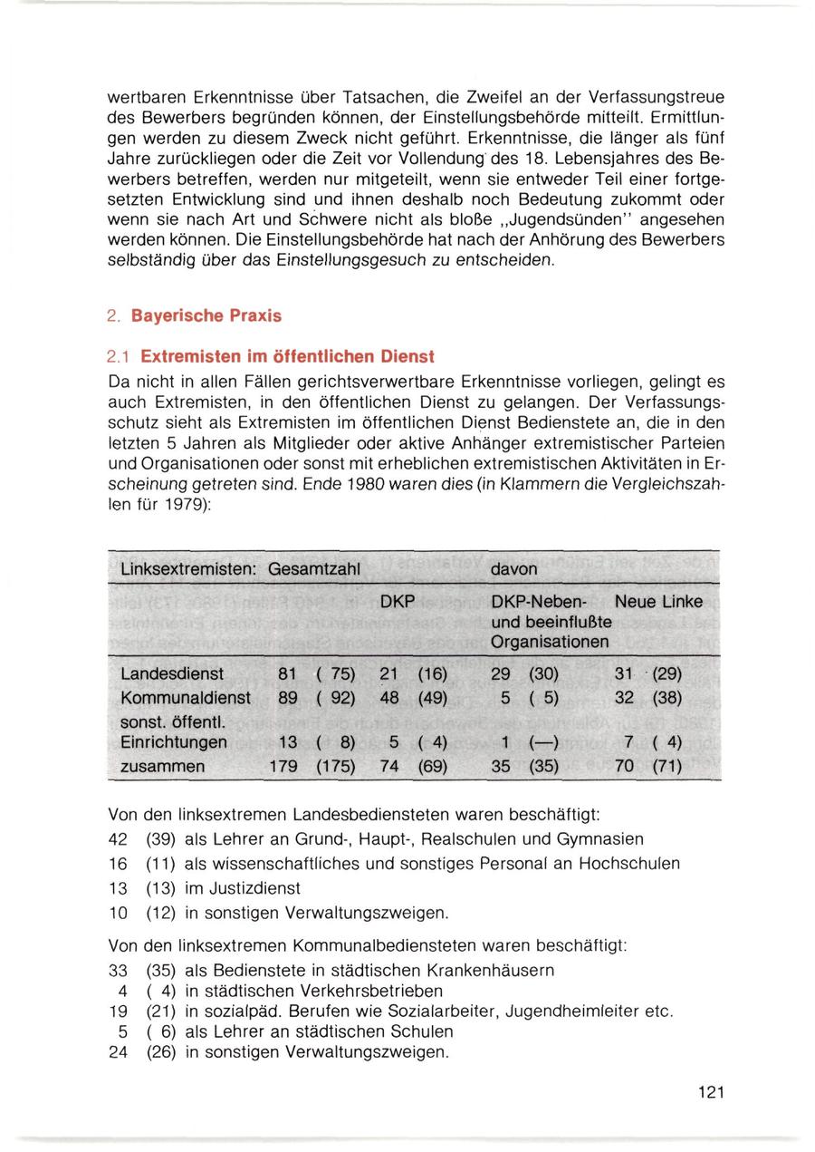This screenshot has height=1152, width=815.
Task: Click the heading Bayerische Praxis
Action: point(206,316)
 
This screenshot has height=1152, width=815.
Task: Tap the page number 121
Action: point(711,1093)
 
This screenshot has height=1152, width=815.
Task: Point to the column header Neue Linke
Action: point(658,602)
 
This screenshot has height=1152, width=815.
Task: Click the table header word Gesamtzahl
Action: point(314,568)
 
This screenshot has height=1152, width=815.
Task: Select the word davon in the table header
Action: point(513,568)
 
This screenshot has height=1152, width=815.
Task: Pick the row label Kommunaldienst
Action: point(185,698)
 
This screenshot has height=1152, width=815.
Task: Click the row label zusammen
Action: point(162,767)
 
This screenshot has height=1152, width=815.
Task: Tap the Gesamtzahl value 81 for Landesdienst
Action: point(287,674)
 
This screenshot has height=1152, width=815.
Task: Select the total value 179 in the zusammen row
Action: point(283,767)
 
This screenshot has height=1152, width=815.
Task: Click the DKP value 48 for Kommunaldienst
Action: point(389,698)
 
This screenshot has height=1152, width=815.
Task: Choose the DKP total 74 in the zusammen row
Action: point(389,767)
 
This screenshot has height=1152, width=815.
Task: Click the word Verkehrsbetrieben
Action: point(373,991)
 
